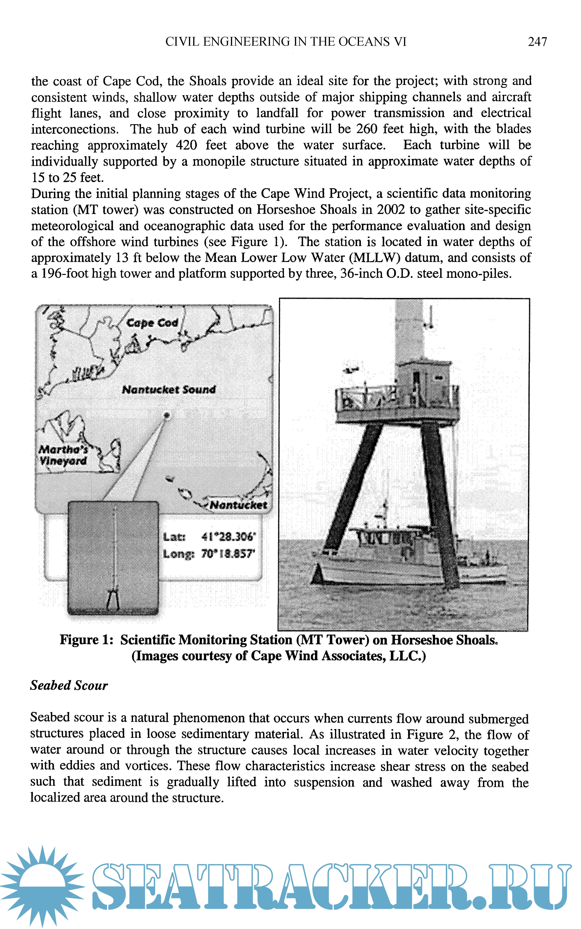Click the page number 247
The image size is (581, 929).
pos(537,42)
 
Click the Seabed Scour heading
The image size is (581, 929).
pos(69,685)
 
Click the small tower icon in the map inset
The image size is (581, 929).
pos(113,600)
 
